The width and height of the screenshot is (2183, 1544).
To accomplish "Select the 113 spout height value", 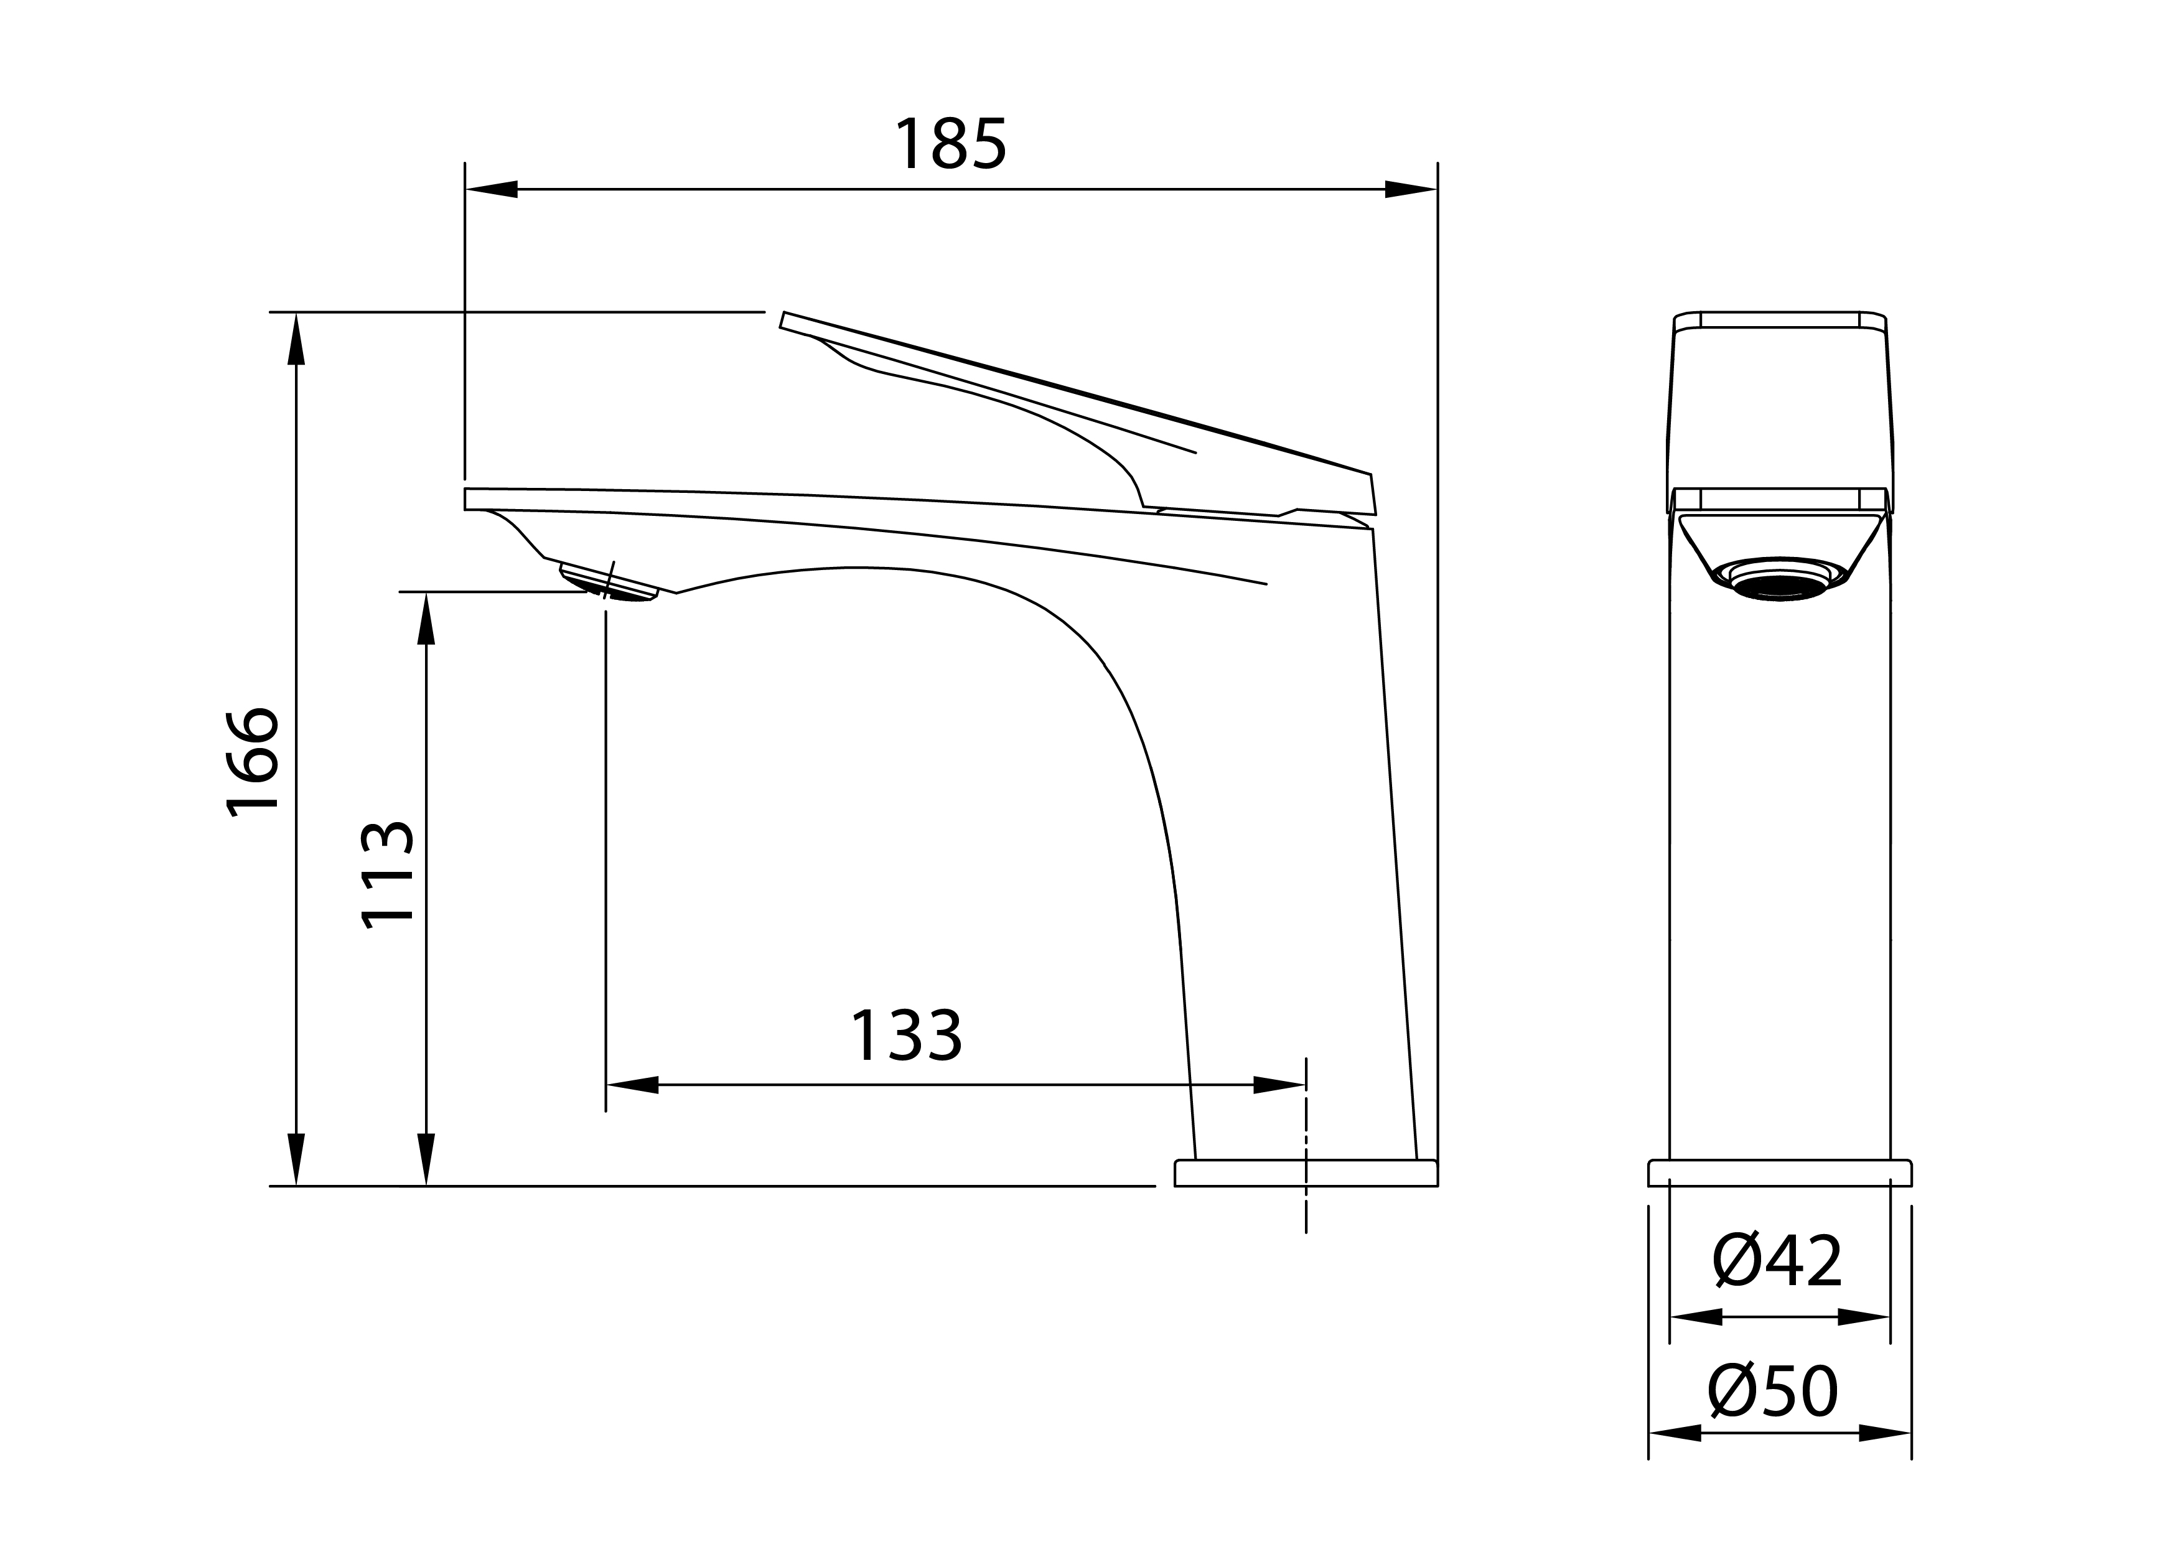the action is click(388, 874).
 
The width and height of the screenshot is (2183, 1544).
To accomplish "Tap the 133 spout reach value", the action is click(906, 1036).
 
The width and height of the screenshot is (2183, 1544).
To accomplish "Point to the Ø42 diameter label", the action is click(1778, 1261).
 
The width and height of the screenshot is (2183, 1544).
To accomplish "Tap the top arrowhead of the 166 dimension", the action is click(297, 339).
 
